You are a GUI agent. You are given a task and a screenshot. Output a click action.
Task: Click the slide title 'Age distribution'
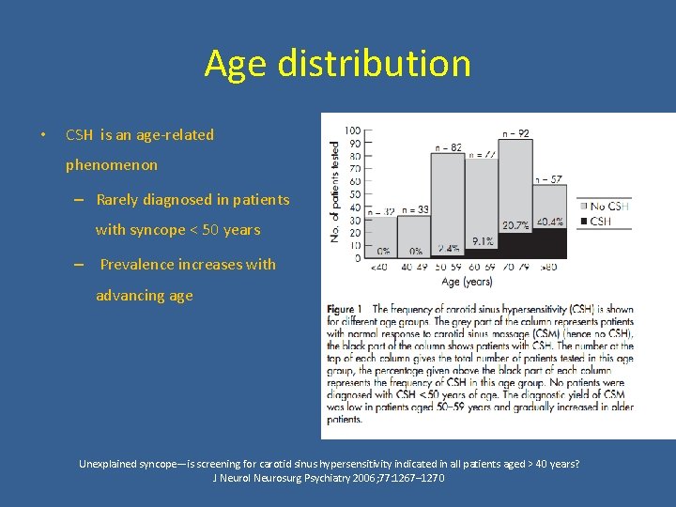[337, 64]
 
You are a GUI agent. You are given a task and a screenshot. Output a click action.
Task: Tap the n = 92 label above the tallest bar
[516, 134]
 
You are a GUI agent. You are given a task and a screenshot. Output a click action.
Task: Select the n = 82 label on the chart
[448, 147]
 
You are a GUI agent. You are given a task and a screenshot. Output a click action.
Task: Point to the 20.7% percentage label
[515, 225]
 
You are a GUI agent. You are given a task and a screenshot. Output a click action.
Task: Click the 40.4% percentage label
[549, 223]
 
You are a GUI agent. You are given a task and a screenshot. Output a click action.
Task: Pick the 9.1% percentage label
[483, 241]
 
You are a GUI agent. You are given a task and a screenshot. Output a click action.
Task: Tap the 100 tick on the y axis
[353, 131]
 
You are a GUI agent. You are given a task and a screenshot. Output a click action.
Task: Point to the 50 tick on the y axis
[355, 193]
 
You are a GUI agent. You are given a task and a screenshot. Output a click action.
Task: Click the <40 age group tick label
[378, 269]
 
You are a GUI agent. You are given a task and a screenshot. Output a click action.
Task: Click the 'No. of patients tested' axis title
[336, 192]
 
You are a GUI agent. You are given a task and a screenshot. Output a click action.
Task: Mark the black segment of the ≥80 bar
[549, 242]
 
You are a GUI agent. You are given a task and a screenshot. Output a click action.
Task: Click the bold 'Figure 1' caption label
[346, 309]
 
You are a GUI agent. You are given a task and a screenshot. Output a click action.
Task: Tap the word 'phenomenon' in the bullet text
[112, 165]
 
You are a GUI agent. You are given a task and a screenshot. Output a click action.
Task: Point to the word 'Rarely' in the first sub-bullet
[118, 199]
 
